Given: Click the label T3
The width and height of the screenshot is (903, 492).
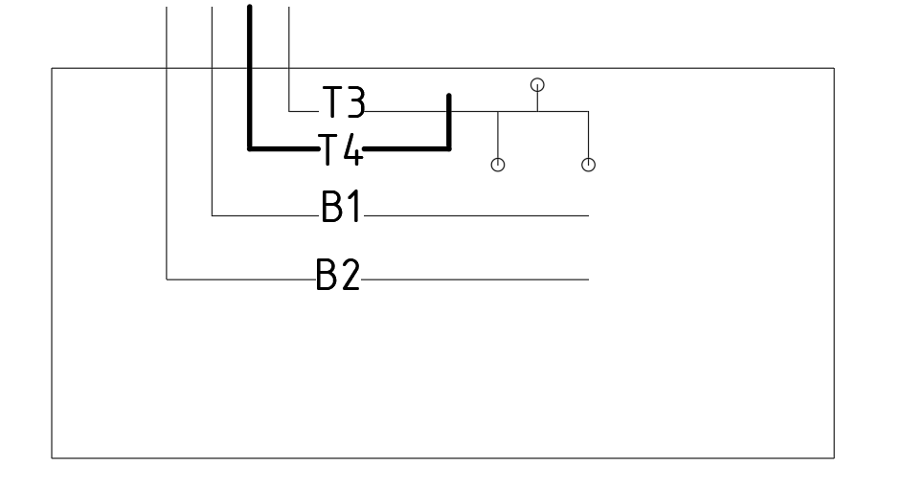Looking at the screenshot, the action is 344,101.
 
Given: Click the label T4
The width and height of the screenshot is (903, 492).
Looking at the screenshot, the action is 340,149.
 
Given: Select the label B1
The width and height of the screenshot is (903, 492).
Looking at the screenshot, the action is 341,206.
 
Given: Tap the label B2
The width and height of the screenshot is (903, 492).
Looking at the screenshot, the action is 339,274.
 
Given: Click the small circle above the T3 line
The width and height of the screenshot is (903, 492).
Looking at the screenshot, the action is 537,85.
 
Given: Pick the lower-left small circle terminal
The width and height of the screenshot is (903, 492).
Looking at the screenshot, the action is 498,166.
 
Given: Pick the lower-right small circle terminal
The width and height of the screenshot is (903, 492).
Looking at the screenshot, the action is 588,166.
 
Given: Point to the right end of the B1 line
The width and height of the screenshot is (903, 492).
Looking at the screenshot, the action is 589,215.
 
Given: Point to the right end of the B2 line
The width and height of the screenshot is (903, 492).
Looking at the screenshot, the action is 589,280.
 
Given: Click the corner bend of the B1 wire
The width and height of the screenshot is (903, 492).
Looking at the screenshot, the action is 212,215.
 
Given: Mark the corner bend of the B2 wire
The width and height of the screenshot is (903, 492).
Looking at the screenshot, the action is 167,280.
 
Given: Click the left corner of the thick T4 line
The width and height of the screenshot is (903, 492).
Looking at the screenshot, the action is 249,149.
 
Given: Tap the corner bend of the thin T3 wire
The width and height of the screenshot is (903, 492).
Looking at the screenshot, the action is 289,111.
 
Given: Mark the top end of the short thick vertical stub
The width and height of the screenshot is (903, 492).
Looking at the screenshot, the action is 449,96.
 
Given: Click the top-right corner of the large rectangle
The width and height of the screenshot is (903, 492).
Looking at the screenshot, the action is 834,69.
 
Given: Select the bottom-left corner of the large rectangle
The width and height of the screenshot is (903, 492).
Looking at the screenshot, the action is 52,458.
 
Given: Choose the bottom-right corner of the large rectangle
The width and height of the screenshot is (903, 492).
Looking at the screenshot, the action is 834,458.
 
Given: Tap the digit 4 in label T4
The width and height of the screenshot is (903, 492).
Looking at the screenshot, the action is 352,149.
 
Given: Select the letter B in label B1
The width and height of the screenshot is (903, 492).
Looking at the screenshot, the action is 331,206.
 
